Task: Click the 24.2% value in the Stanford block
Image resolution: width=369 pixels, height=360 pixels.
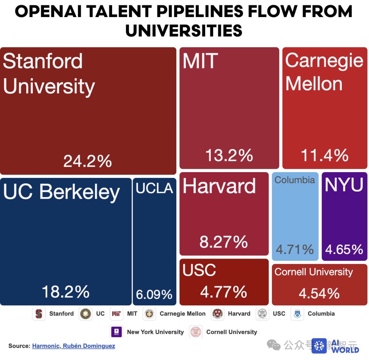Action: click(x=87, y=161)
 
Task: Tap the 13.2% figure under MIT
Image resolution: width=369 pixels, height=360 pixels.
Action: click(x=229, y=155)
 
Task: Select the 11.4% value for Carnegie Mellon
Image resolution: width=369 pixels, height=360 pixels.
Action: click(x=325, y=155)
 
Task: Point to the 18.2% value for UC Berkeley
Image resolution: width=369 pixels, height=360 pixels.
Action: click(x=66, y=292)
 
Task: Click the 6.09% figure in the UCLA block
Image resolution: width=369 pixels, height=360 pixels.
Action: click(x=154, y=294)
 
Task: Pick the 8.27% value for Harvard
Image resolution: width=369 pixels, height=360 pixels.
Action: click(x=223, y=242)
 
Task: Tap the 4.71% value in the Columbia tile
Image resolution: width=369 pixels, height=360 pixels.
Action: click(x=295, y=249)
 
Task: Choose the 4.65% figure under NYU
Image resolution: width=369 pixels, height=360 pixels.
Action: click(x=344, y=249)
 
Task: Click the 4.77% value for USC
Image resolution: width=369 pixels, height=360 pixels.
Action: click(x=223, y=292)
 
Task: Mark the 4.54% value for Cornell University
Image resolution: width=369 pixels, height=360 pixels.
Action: click(x=319, y=293)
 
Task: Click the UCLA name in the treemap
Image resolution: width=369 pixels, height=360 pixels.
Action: click(x=154, y=188)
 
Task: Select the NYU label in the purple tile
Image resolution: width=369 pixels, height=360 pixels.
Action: click(x=344, y=185)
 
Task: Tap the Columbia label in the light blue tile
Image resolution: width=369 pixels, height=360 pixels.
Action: click(x=295, y=180)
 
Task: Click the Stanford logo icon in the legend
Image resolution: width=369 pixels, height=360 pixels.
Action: click(x=39, y=314)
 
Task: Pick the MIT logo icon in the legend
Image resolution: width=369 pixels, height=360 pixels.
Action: click(x=117, y=314)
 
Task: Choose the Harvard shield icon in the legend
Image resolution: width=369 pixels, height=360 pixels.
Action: click(x=218, y=314)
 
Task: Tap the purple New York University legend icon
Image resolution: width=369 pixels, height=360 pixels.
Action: click(x=117, y=332)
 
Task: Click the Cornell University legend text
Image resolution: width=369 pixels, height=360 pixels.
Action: click(x=232, y=332)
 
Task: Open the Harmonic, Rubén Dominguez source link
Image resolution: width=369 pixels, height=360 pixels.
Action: click(x=73, y=346)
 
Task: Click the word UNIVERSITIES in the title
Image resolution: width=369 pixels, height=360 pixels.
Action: click(x=184, y=30)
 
